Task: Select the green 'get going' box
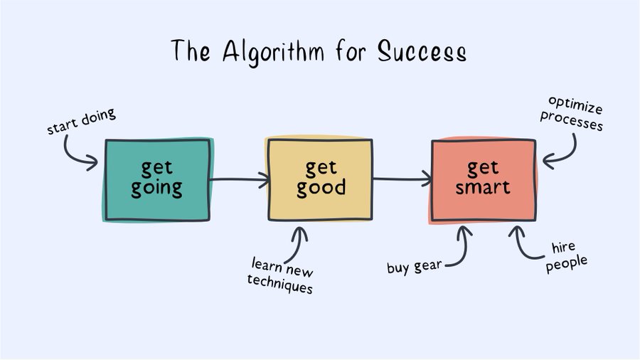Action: pos(157,179)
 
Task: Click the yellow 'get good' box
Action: pos(319,179)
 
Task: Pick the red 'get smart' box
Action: pos(484,179)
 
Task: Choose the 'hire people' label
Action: pos(569,255)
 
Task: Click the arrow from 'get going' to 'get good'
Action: pos(239,180)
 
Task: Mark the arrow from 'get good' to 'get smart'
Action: pos(402,180)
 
